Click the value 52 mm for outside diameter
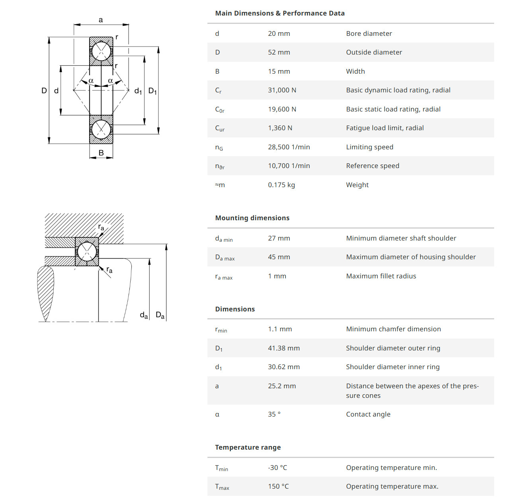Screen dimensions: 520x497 click(279, 52)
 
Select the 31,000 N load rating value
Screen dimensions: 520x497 click(282, 90)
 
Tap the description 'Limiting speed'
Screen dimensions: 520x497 click(369, 147)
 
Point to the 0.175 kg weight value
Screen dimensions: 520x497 click(282, 185)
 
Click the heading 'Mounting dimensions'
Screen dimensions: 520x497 click(252, 218)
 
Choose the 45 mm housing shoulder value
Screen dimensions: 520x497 click(279, 257)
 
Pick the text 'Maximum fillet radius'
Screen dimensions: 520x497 click(381, 276)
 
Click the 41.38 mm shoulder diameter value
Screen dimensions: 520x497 click(284, 348)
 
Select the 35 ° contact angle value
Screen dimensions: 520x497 click(274, 414)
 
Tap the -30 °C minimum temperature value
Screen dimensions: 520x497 click(278, 468)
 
